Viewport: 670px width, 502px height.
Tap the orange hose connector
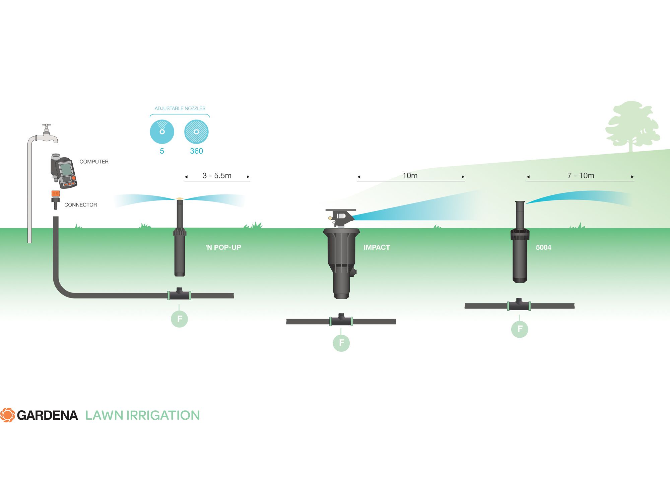tap(55, 194)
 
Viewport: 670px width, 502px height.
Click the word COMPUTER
tap(94, 162)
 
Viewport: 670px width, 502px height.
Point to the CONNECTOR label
tap(80, 205)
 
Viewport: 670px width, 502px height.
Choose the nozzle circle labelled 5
tap(162, 132)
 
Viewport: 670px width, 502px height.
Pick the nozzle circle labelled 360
tap(196, 132)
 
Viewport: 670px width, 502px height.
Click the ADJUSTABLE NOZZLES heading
tap(180, 108)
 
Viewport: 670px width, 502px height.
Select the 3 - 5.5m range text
tap(217, 176)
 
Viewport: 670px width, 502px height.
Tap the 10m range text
tap(410, 176)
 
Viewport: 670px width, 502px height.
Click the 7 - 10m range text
tap(581, 176)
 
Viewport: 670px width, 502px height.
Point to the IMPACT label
tap(377, 247)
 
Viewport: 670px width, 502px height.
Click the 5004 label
tap(543, 247)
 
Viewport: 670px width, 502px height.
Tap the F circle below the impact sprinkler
tap(341, 343)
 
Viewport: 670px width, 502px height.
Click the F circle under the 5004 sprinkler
tap(520, 329)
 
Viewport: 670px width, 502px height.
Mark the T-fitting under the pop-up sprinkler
tap(179, 294)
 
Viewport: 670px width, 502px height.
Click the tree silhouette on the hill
tap(631, 125)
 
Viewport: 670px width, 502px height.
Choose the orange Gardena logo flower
tap(7, 415)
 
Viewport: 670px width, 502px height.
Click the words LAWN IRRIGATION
tap(142, 415)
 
